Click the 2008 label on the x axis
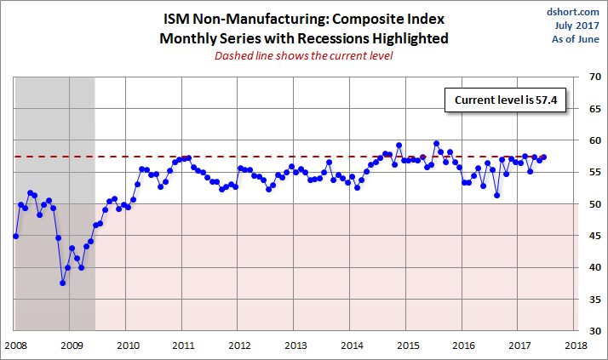14,345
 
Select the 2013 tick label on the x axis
295,345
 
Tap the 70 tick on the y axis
589,77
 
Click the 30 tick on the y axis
589,330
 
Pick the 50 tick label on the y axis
589,204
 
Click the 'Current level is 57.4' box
498,100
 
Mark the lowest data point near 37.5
63,283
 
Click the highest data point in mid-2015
436,144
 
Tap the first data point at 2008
15,236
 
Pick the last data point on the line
544,157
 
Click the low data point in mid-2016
496,195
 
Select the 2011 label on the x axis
183,345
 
